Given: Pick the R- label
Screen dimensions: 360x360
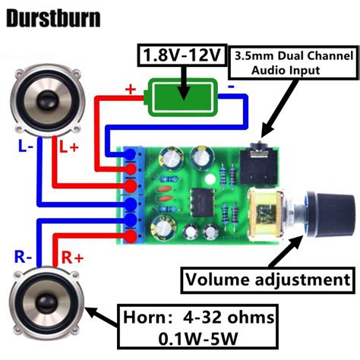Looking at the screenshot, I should click(24, 257).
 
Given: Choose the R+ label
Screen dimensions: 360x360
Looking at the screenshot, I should click(71, 257).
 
